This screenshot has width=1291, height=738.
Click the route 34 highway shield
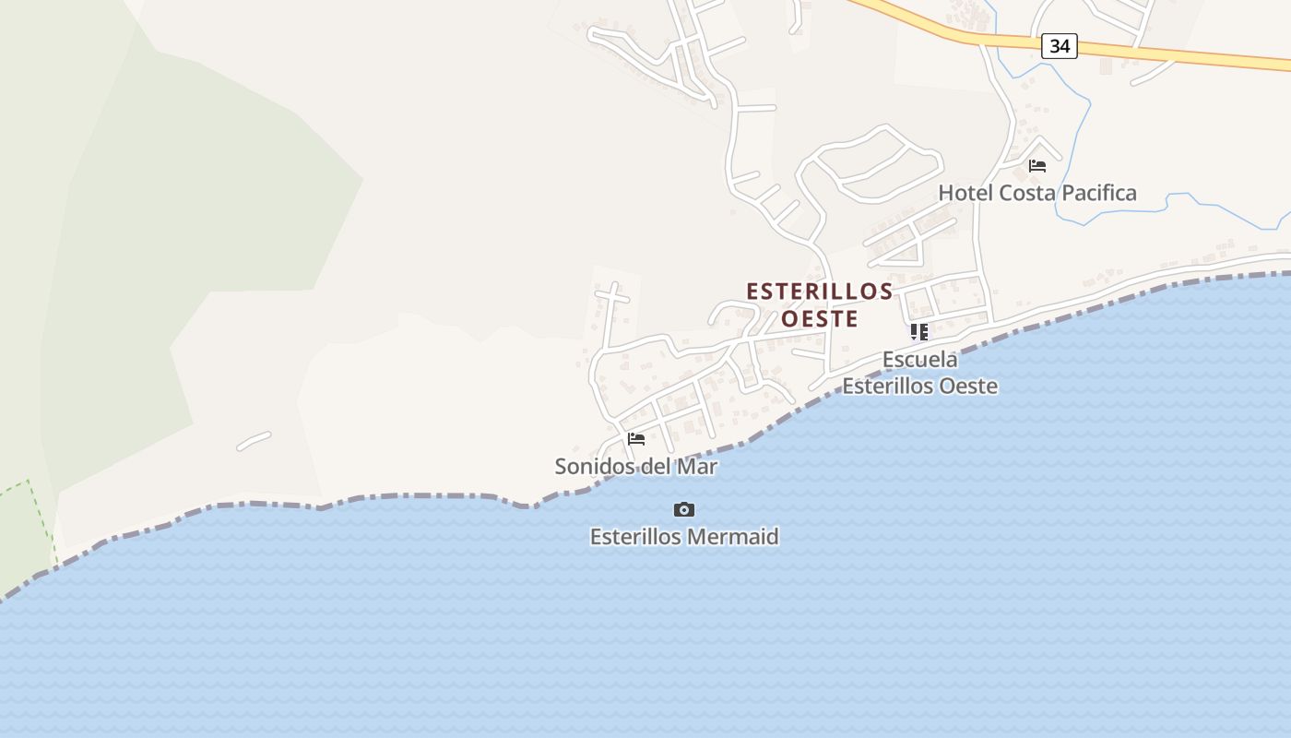pos(1060,45)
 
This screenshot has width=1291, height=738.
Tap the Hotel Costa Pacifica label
pos(1037,193)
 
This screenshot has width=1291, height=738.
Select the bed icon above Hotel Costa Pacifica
pos(1037,166)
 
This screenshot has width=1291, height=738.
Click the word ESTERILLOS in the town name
pos(820,292)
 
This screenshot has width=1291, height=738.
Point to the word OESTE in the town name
pos(820,319)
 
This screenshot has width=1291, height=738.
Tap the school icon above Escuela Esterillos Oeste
pos(918,332)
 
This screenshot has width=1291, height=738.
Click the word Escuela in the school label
pos(919,359)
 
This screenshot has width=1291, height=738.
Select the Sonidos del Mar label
pos(636,467)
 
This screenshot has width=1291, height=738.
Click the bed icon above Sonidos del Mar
pos(636,438)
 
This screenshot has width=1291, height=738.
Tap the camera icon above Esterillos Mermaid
pos(683,509)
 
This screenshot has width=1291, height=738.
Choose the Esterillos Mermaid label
pos(684,537)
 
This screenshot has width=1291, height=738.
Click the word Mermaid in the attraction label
pos(734,537)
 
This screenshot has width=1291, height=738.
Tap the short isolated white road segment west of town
pos(254,441)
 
